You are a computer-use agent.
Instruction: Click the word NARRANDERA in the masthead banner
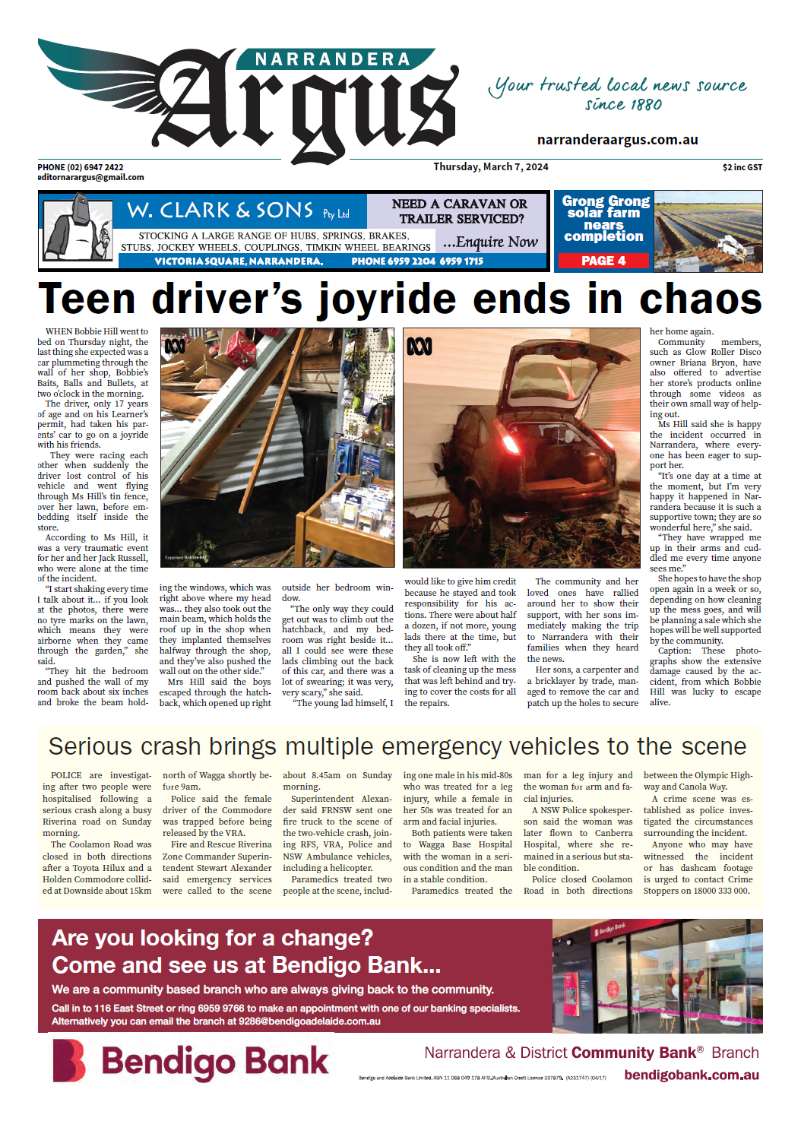[332, 59]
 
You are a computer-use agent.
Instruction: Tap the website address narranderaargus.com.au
[617, 140]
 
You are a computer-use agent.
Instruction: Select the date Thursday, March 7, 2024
[490, 167]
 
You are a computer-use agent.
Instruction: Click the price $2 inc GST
[742, 167]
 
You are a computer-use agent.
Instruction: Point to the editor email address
[90, 177]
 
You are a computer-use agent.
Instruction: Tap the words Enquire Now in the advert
[491, 242]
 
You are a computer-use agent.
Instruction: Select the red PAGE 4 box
[603, 261]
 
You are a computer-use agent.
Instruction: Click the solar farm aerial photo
[708, 231]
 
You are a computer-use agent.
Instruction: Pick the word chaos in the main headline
[700, 299]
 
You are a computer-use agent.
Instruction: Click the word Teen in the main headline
[87, 299]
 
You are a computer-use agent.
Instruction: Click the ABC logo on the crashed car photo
[419, 347]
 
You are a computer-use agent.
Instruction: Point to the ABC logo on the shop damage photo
[175, 347]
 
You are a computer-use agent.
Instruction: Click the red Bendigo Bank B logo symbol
[68, 1060]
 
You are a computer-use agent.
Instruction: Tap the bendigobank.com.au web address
[691, 1075]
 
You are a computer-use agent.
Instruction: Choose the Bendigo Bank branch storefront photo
[657, 975]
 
